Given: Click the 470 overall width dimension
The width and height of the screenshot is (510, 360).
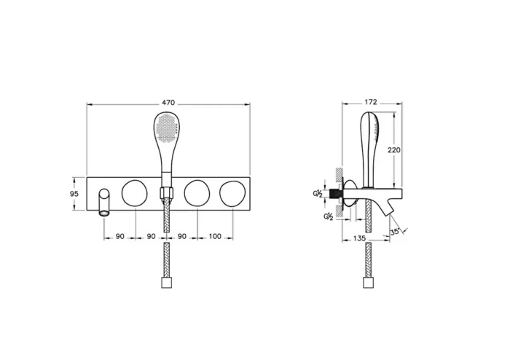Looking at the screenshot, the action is pos(168,103).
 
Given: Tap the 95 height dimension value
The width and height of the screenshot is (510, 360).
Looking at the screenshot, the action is pos(74,194).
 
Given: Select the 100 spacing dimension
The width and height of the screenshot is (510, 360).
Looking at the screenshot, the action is pos(215,236).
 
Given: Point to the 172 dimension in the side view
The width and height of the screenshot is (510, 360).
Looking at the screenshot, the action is pos(370,102).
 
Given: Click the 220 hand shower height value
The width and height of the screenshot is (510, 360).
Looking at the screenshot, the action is pos(394,150).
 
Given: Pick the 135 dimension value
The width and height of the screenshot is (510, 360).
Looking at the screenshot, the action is pos(359,238).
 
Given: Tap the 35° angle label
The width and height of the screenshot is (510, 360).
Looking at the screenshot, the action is pos(395,232).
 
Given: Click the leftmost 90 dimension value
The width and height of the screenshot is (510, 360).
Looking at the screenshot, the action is pos(120,236).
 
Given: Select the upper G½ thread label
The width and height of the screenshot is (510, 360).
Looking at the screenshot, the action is pos(318,194).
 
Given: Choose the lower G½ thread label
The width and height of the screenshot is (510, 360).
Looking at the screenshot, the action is pos(328,216).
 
